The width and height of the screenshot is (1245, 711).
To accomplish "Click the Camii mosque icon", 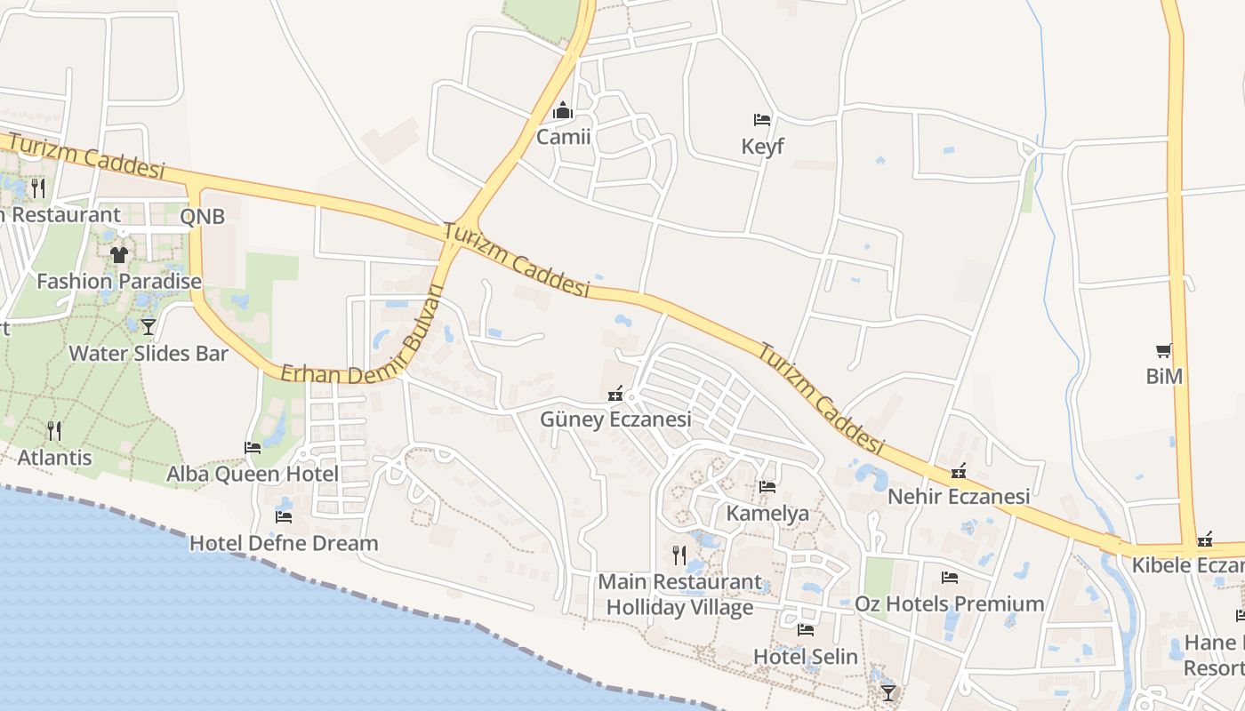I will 562,111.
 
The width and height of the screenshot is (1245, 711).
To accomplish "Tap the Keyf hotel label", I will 762,146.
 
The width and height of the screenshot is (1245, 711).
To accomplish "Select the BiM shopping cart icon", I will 1163,350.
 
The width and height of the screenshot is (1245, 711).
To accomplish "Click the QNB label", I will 202,216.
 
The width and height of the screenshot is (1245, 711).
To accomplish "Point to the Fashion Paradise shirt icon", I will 119,255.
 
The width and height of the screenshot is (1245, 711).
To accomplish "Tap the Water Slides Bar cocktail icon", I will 149,326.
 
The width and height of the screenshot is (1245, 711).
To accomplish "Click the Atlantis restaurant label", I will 55,458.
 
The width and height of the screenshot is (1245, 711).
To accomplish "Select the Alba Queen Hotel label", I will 253,474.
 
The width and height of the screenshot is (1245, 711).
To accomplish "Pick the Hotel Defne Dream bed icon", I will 284,516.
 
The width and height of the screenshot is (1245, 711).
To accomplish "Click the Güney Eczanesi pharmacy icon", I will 614,393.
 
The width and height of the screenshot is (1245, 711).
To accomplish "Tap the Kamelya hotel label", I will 767,513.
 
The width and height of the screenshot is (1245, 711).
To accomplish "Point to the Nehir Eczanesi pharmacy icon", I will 958,471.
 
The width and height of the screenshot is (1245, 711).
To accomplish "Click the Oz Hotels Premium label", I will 949,603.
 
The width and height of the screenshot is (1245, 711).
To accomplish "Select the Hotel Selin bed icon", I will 806,630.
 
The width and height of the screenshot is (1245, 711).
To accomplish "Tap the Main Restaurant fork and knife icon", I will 679,555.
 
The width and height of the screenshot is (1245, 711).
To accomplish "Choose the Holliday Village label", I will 679,608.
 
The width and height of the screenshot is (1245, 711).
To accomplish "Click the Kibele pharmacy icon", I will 1205,539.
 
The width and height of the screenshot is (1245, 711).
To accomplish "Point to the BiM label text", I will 1164,376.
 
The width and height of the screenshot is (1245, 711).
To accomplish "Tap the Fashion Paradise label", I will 119,281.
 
